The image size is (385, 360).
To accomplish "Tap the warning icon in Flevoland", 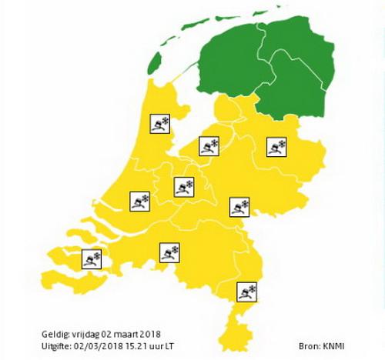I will click(209, 146).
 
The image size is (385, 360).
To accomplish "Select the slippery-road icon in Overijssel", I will click(276, 146).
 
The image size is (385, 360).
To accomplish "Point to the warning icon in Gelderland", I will click(239, 206).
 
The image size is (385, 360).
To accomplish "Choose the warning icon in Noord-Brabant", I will click(169, 252).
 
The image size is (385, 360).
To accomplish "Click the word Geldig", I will click(55, 335).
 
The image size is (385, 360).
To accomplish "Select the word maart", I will click(131, 335).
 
